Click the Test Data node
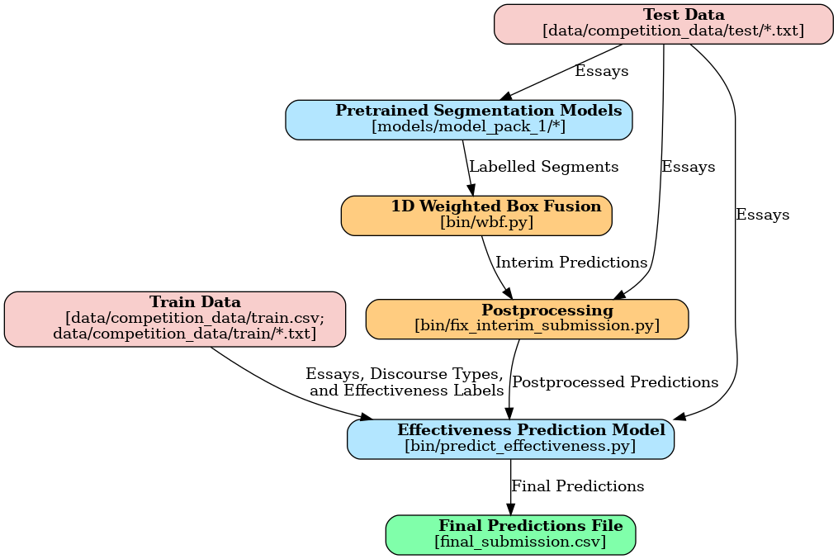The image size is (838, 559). click(x=663, y=23)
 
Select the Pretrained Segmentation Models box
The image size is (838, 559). click(x=458, y=119)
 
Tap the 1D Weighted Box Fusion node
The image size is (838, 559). click(x=476, y=215)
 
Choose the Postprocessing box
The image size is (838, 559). click(x=527, y=319)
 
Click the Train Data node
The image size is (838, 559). click(x=174, y=319)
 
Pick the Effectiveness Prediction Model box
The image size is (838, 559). click(x=510, y=438)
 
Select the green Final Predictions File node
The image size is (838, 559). click(x=510, y=534)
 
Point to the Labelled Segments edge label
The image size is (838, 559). click(x=543, y=167)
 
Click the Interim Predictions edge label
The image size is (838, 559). click(x=571, y=263)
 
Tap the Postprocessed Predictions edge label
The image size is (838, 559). click(x=615, y=382)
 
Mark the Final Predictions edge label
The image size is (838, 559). click(x=577, y=486)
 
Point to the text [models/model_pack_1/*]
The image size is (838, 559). click(x=469, y=126)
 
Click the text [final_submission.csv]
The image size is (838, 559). click(x=520, y=542)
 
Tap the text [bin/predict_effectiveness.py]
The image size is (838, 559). click(x=519, y=446)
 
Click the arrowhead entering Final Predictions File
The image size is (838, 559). click(x=510, y=509)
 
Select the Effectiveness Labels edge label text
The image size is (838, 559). click(x=406, y=391)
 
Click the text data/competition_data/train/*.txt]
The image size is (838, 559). click(x=185, y=334)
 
